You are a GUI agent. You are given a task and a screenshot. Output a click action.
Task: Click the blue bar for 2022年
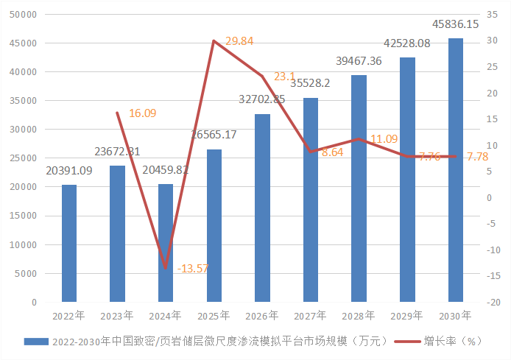(69, 243)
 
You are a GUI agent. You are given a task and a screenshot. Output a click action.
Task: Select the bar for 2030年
(456, 170)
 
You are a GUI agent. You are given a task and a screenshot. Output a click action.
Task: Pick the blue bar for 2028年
(359, 188)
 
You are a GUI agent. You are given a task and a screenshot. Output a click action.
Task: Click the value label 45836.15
(456, 24)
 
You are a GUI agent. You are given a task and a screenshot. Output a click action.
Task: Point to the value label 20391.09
(69, 171)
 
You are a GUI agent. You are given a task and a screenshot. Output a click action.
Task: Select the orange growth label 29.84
(239, 41)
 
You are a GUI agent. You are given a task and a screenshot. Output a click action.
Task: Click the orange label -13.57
(193, 268)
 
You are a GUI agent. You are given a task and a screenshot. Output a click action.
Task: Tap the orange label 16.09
(142, 113)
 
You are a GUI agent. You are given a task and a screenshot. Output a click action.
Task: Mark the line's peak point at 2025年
(214, 40)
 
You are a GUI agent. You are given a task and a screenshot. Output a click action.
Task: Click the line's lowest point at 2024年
(166, 268)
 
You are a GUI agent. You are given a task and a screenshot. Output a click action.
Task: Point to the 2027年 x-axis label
(311, 315)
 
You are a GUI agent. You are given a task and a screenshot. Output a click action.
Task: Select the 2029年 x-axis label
(407, 315)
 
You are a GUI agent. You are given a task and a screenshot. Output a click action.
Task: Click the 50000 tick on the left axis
(25, 15)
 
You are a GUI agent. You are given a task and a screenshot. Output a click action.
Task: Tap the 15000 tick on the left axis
(25, 216)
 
